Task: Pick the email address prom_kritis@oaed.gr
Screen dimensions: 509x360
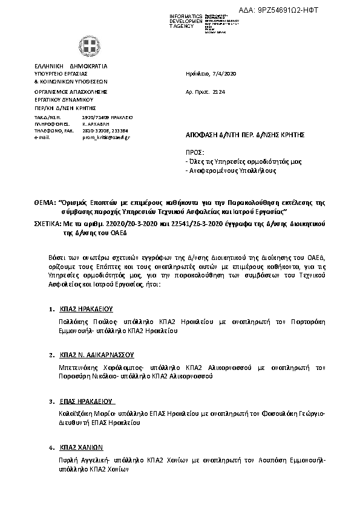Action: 106,137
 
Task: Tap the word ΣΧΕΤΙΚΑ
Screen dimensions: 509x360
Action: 47,223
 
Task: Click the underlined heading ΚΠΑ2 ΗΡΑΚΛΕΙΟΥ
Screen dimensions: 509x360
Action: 86,308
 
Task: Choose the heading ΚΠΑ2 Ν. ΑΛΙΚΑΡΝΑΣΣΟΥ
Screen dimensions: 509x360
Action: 96,355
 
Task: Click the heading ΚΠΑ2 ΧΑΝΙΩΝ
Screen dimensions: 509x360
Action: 82,448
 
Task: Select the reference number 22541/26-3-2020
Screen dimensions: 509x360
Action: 172,223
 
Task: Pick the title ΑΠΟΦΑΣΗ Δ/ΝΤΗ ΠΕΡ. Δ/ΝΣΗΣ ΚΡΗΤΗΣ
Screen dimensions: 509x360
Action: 243,135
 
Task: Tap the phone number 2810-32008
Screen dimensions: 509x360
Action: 93,131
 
